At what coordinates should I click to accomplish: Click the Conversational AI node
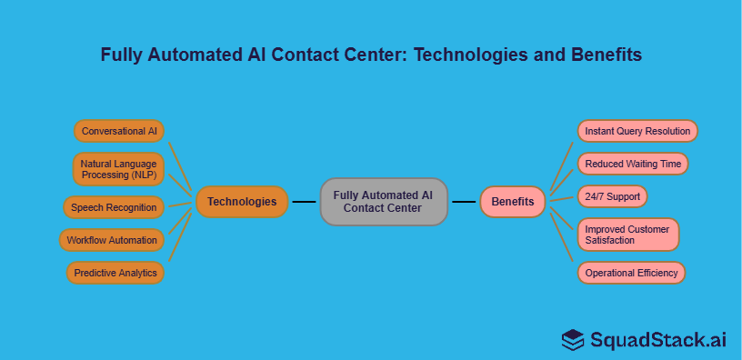tap(119, 131)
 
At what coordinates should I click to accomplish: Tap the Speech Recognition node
tap(114, 207)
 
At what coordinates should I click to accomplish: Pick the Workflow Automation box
tap(114, 241)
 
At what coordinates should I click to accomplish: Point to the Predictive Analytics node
tap(115, 273)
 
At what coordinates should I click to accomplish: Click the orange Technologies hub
tap(242, 202)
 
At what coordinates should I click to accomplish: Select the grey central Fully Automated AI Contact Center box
tap(384, 202)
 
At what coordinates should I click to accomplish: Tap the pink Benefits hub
tap(513, 202)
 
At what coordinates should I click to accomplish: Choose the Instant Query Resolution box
tap(637, 131)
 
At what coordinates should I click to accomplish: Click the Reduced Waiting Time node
tap(633, 164)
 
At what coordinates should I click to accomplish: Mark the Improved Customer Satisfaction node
tap(627, 235)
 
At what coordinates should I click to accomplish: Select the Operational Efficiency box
tap(630, 273)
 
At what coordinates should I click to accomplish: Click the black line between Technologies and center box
tap(304, 202)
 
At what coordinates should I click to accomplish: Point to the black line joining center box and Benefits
tap(464, 202)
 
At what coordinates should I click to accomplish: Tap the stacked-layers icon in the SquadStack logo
tap(572, 340)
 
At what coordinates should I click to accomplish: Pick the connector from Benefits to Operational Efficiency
tap(564, 241)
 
